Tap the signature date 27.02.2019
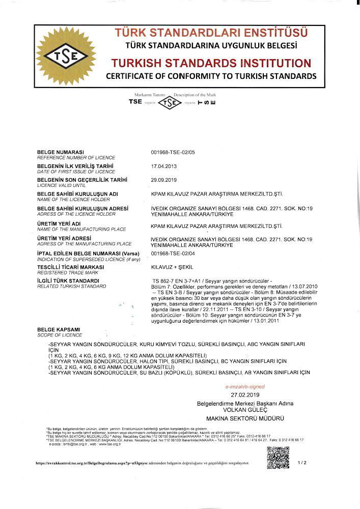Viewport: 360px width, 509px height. click(245, 394)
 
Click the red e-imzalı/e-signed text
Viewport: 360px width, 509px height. click(245, 387)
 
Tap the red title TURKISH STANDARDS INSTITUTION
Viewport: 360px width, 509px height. click(210, 64)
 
